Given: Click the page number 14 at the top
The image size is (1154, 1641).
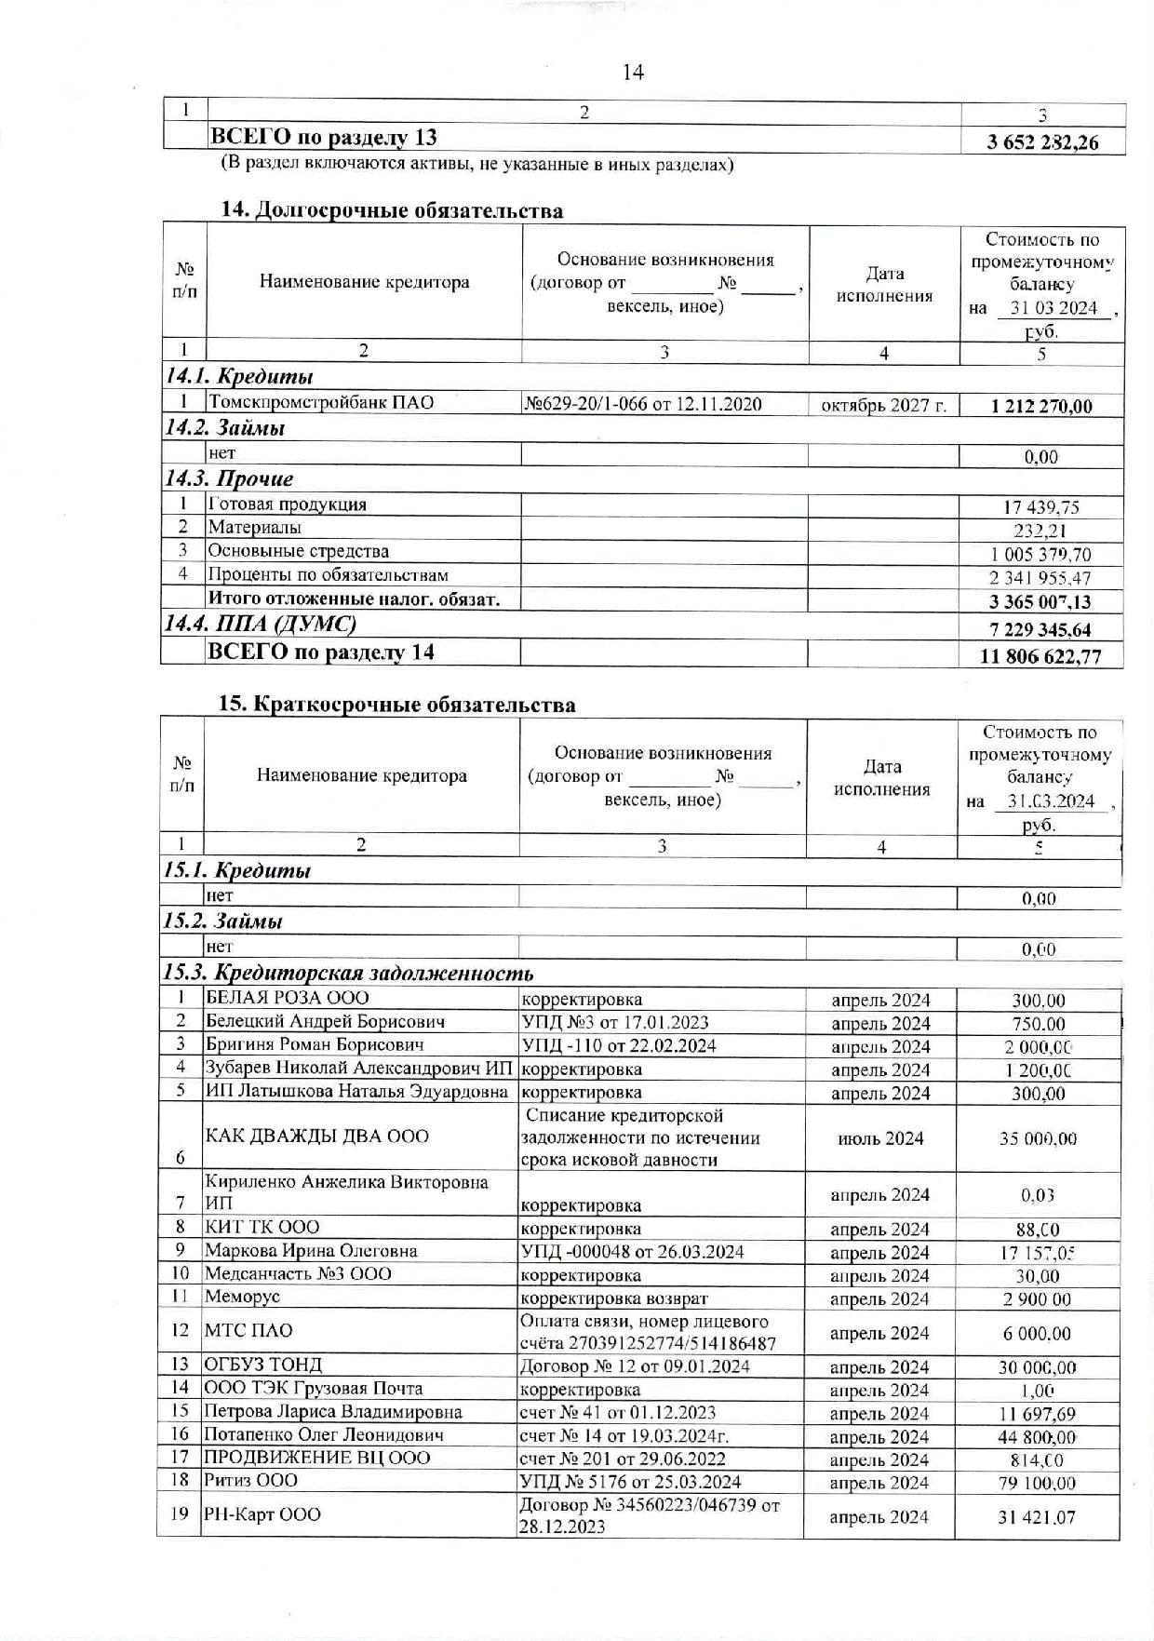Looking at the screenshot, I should pyautogui.click(x=633, y=72).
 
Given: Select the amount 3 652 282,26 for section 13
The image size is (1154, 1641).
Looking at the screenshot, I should pyautogui.click(x=1042, y=142).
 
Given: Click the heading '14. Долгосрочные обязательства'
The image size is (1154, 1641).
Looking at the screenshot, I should pyautogui.click(x=391, y=210).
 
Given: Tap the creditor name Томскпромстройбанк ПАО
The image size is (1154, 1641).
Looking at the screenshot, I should pyautogui.click(x=321, y=403).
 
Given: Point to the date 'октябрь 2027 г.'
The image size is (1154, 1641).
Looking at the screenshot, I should pyautogui.click(x=883, y=406).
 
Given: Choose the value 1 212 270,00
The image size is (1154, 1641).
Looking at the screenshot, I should pyautogui.click(x=1041, y=406).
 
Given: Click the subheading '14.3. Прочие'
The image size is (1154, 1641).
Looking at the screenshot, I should pyautogui.click(x=229, y=479).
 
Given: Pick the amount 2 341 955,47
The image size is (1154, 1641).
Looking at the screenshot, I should pyautogui.click(x=1040, y=578).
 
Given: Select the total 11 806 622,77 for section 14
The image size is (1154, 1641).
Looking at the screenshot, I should pyautogui.click(x=1040, y=656).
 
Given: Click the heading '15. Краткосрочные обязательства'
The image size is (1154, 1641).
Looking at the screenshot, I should pyautogui.click(x=396, y=705).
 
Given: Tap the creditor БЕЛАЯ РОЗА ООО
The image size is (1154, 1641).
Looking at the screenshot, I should pyautogui.click(x=287, y=998).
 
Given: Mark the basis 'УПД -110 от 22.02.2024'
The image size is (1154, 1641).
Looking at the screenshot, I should pyautogui.click(x=619, y=1045).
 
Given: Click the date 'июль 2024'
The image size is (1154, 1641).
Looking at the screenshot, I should pyautogui.click(x=880, y=1138).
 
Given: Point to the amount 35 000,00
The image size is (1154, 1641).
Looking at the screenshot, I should pyautogui.click(x=1038, y=1138).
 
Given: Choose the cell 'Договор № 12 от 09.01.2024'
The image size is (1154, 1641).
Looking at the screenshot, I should pyautogui.click(x=636, y=1366).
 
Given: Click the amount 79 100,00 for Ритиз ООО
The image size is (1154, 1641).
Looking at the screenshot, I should pyautogui.click(x=1038, y=1483).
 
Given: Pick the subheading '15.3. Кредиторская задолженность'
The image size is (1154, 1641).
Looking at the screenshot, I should pyautogui.click(x=348, y=974).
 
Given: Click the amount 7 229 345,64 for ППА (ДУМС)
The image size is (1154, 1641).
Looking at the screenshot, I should pyautogui.click(x=1040, y=629).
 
